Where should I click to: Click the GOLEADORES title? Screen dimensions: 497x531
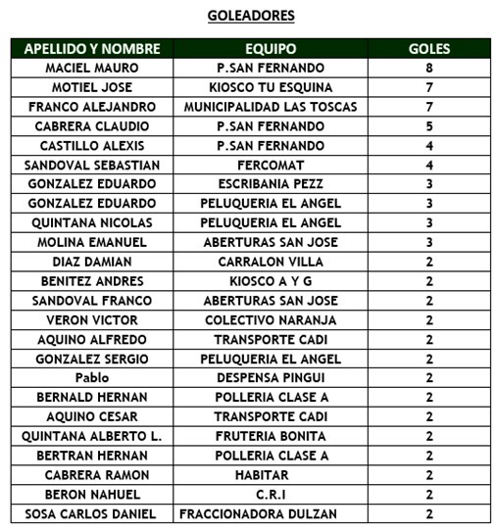[x=251, y=16]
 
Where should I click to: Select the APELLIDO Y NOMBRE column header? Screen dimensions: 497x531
[x=92, y=48]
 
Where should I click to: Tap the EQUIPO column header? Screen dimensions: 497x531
[x=271, y=48]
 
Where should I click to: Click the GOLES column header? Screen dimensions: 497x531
[x=429, y=48]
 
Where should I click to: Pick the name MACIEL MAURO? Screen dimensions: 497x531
[x=92, y=68]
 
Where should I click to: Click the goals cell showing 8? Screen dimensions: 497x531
[x=429, y=68]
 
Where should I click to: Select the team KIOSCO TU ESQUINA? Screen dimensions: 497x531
[x=271, y=87]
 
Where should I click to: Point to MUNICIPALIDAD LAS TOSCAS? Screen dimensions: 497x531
[x=271, y=107]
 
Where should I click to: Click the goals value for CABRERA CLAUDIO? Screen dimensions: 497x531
[x=429, y=126]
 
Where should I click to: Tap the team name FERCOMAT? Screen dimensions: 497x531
[x=271, y=165]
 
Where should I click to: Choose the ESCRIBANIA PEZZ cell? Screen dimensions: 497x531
[x=271, y=184]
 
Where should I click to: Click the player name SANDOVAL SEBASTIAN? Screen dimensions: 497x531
[x=92, y=165]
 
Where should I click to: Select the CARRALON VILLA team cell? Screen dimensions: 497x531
[x=271, y=262]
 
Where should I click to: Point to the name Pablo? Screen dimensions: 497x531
[x=92, y=378]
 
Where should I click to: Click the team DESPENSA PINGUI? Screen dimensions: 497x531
[x=271, y=378]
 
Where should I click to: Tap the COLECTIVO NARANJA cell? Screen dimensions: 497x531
[x=271, y=320]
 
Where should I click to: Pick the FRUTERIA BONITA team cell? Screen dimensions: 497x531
[x=271, y=436]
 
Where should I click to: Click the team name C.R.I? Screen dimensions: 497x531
[x=271, y=495]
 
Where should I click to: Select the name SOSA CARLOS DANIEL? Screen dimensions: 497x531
[x=92, y=514]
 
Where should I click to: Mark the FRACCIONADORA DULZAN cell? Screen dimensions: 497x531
[x=271, y=514]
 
